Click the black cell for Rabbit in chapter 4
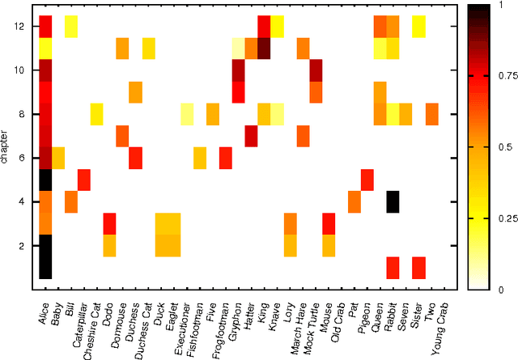coord(393,201)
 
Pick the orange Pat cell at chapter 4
coord(354,201)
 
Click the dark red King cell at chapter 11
coord(264,49)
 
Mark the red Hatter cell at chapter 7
coord(251,136)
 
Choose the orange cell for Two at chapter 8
coord(431,114)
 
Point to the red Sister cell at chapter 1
coord(418,267)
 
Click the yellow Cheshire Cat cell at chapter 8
coord(96,114)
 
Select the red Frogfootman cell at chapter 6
coord(225,158)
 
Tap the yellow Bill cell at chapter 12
coord(71,27)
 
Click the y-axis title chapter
coord(6,146)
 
